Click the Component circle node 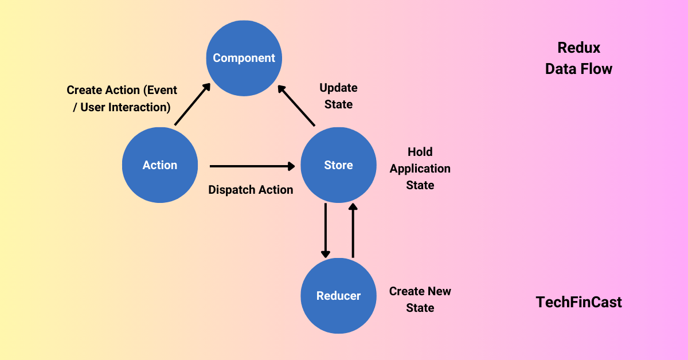pyautogui.click(x=244, y=58)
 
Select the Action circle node pyautogui.click(x=160, y=165)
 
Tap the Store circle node pyautogui.click(x=338, y=165)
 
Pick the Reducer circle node pyautogui.click(x=338, y=296)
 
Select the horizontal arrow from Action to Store pyautogui.click(x=252, y=166)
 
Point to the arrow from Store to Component pyautogui.click(x=296, y=105)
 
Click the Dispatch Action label pyautogui.click(x=251, y=190)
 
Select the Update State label pyautogui.click(x=338, y=96)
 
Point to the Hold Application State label pyautogui.click(x=420, y=169)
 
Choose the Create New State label pyautogui.click(x=420, y=299)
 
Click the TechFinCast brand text pyautogui.click(x=578, y=302)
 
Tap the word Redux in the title pyautogui.click(x=578, y=48)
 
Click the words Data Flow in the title pyautogui.click(x=578, y=69)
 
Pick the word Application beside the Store pyautogui.click(x=420, y=169)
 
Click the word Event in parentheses pyautogui.click(x=163, y=90)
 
